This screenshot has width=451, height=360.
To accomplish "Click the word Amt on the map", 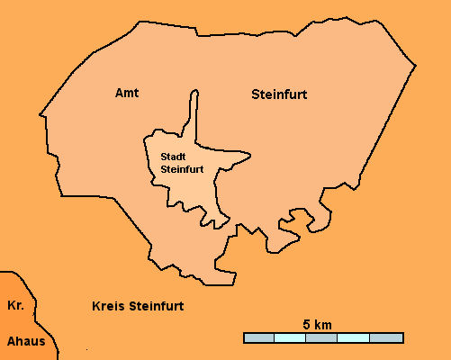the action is pos(128,93).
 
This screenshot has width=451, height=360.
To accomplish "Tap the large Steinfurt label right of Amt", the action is pos(278,94).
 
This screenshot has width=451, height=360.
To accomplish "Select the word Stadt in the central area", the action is pos(174,155).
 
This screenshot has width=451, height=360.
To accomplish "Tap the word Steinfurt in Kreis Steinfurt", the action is pos(157,306).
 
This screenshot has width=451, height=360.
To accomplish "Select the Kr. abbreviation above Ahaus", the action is pos(15,305).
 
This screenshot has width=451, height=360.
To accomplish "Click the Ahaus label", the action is pos(25,341).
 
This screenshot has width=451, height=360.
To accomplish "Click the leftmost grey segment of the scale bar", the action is pos(258,337).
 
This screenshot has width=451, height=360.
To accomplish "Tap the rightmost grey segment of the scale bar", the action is pos(386,337).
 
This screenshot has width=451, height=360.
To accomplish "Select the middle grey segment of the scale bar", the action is pos(322,337).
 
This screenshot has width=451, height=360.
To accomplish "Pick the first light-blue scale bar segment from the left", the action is pos(290,337).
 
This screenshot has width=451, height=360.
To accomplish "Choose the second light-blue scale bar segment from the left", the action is pos(354,337).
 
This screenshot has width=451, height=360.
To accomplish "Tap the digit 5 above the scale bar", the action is pos(306,323).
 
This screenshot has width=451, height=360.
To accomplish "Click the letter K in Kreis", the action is pos(96,306).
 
